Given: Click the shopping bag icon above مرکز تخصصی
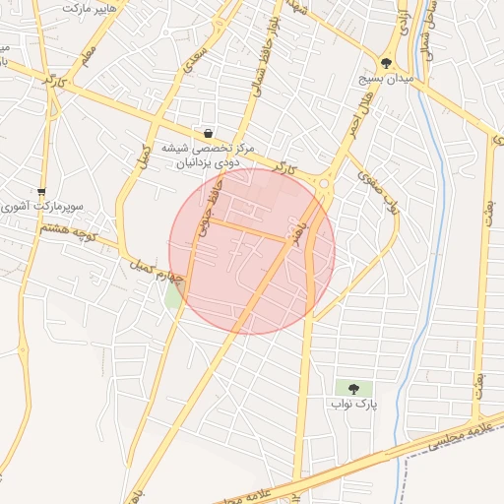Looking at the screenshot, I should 209,133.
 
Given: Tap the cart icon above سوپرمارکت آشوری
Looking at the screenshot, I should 40,191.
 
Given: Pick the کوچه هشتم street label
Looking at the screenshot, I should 68,231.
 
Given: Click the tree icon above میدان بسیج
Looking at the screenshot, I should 386,61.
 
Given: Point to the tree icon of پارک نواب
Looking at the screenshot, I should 353,388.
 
